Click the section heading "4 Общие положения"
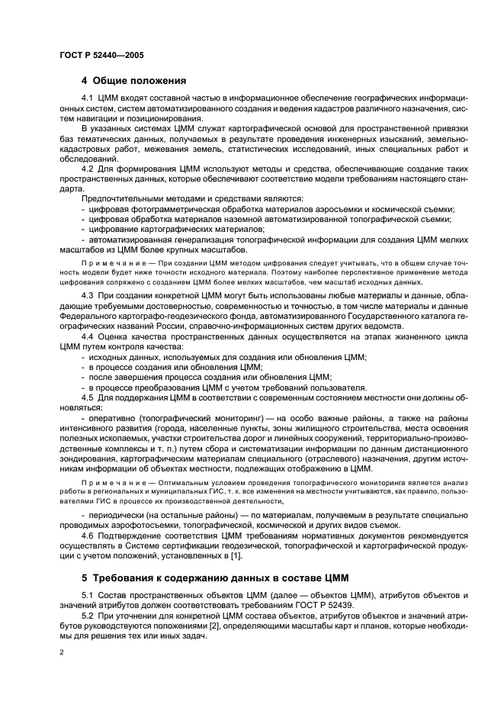tap(134, 80)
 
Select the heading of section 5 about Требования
tap(214, 577)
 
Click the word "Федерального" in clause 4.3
tap(89, 314)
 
